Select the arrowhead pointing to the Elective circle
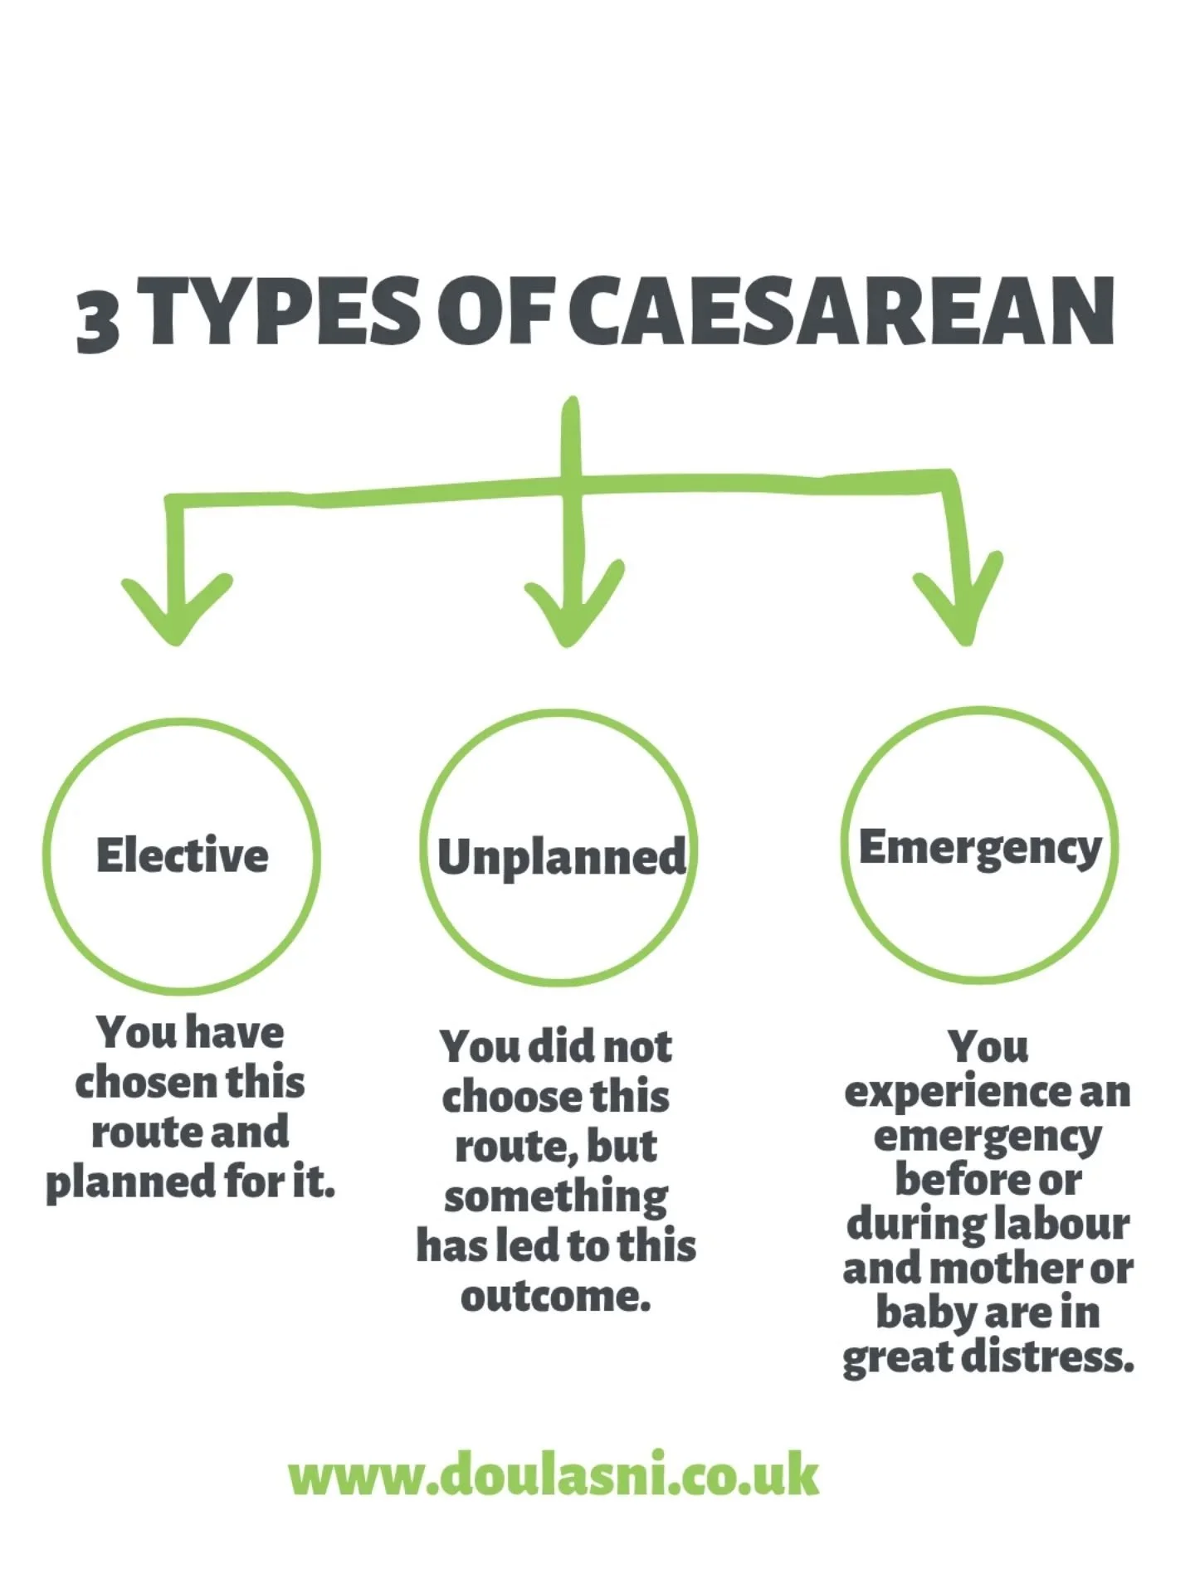176,610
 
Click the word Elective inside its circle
183,855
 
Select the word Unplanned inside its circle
562,857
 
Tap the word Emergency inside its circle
980,848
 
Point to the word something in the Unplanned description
555,1197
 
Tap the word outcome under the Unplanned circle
555,1296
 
